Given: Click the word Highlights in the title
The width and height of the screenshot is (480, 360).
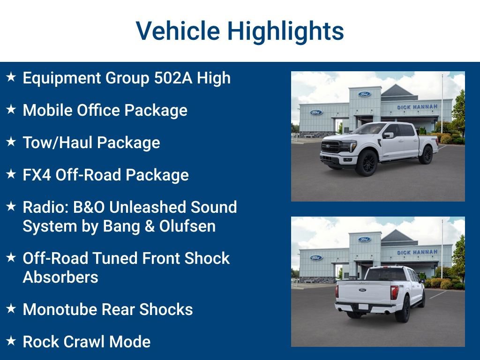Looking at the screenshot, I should [285, 31].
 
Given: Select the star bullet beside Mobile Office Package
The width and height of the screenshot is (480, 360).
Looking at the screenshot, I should [11, 110].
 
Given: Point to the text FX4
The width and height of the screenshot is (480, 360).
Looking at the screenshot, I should [37, 175].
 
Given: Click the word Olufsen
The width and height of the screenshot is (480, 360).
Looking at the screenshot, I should [187, 226].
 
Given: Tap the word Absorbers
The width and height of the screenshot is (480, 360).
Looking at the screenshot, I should [60, 277].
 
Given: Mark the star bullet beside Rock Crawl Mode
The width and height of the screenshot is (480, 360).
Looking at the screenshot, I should [11, 341].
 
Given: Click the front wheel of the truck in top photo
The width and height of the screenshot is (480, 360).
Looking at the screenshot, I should [366, 163].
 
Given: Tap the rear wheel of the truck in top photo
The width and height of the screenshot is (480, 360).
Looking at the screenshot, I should [426, 154].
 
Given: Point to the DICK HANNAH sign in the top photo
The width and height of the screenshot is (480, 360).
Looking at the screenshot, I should [417, 107].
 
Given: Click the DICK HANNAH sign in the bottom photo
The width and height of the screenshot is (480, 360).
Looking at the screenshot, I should [417, 252].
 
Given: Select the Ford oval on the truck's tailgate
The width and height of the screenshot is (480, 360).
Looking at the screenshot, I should [362, 290].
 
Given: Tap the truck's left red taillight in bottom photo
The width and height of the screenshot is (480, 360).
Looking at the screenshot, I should [394, 292].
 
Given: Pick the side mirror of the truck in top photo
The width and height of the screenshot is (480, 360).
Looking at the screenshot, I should [388, 135].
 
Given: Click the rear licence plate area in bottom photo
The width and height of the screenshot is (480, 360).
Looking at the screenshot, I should [363, 307].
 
